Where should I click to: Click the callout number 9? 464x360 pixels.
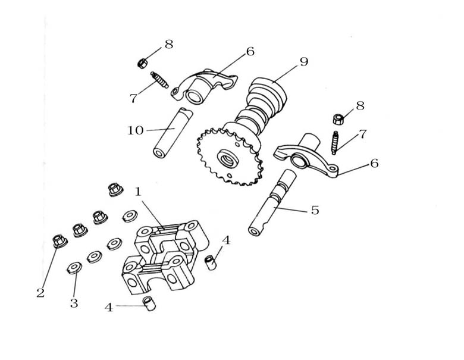tap(304, 61)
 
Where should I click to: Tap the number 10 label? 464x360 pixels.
tap(136, 130)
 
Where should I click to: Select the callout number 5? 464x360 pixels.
tap(315, 210)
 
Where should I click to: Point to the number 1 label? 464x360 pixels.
tap(138, 192)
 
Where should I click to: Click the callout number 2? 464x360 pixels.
tap(40, 293)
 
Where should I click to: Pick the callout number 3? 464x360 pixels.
tap(74, 303)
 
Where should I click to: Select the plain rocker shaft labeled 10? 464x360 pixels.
tap(173, 133)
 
